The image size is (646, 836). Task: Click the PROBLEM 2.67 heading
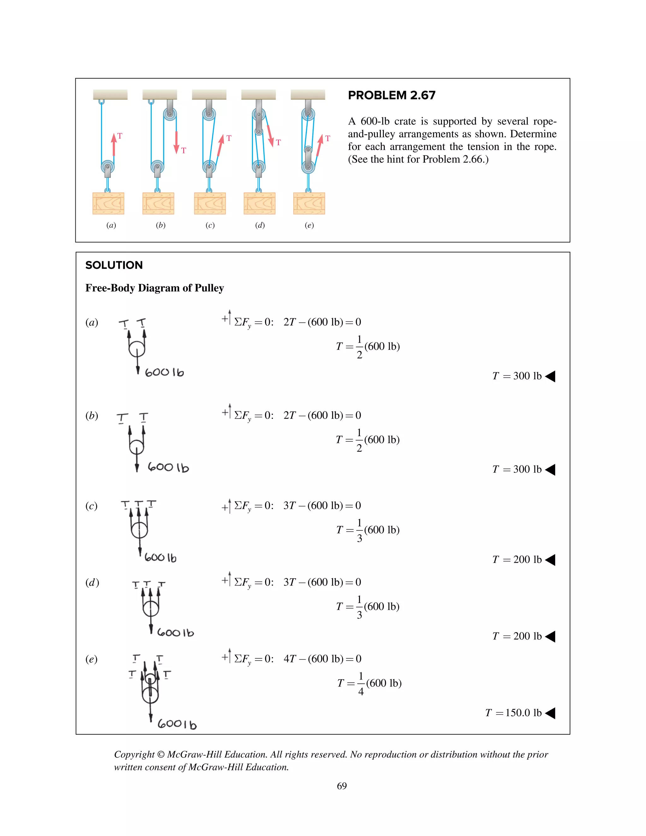[391, 95]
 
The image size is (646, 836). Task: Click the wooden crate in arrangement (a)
[108, 203]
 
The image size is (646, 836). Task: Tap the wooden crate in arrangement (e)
[309, 203]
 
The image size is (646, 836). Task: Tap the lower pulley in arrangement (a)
[108, 167]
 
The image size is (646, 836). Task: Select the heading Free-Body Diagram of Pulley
[154, 288]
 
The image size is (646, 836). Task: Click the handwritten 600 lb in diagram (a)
[164, 372]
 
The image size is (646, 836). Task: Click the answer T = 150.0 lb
[513, 713]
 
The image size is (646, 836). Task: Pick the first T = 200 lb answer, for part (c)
[517, 560]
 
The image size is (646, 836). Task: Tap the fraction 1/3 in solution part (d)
[359, 607]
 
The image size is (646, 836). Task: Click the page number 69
[341, 786]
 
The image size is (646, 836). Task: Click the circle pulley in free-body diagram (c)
[139, 531]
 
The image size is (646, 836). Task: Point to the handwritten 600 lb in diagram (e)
[177, 724]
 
